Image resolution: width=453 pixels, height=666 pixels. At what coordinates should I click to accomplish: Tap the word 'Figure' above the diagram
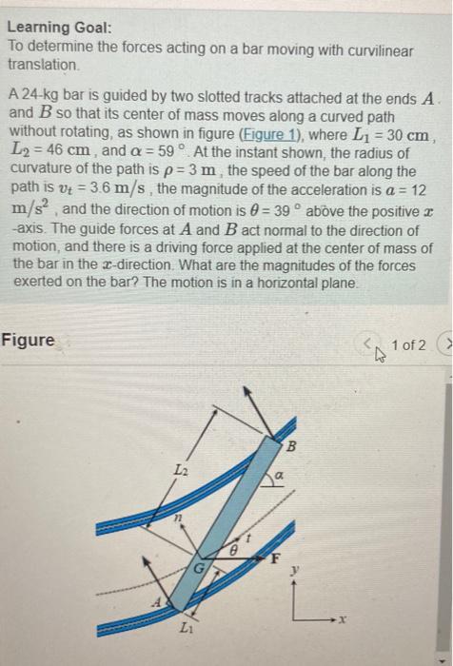point(28,340)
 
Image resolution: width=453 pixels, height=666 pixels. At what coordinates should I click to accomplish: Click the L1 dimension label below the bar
point(186,634)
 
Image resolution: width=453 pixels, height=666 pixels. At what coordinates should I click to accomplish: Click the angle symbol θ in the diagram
point(229,549)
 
